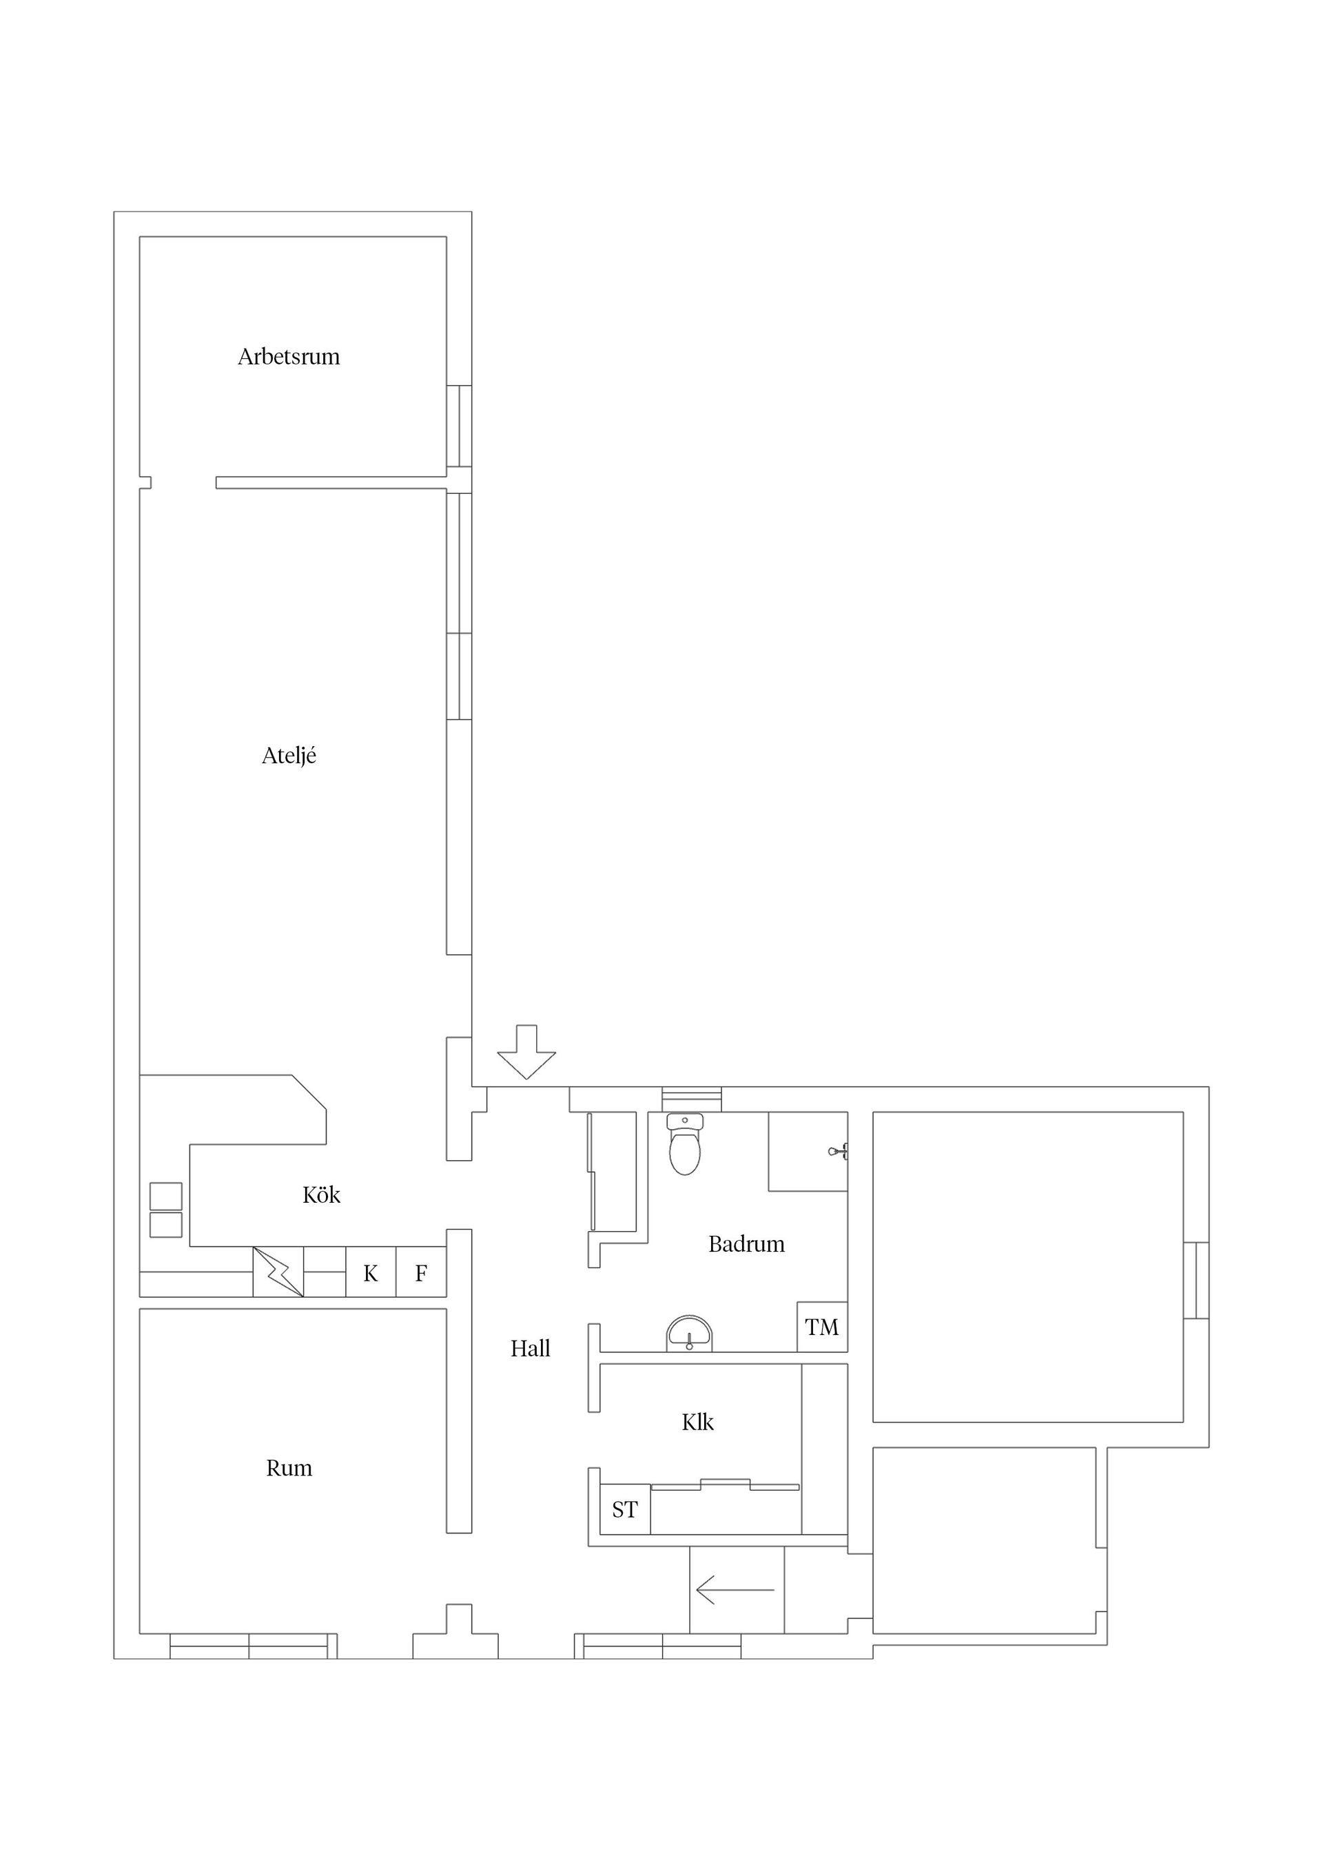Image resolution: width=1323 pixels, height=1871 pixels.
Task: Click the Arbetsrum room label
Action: tap(289, 357)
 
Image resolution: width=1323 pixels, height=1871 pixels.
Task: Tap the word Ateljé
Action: tap(289, 756)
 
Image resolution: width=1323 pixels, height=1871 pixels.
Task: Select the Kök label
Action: tap(321, 1195)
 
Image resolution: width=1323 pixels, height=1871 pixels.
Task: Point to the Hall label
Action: tap(531, 1349)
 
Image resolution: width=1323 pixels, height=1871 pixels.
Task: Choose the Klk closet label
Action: tap(698, 1422)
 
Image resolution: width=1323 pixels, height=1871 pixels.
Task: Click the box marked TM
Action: tap(821, 1327)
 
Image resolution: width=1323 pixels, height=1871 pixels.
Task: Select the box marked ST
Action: tap(625, 1509)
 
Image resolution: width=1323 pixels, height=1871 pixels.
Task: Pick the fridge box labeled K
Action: tap(371, 1272)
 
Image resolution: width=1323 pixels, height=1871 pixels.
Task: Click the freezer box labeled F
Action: tap(422, 1272)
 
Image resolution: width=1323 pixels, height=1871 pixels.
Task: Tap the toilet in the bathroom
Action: tap(685, 1144)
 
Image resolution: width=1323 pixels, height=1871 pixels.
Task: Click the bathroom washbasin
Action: tap(690, 1333)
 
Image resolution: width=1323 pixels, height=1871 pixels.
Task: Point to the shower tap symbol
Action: tap(839, 1151)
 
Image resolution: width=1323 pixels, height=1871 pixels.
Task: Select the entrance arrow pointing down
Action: tap(526, 1052)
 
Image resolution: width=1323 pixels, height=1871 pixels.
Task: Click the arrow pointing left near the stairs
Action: tap(735, 1590)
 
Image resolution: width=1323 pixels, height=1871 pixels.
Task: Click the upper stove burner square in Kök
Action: tap(165, 1197)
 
